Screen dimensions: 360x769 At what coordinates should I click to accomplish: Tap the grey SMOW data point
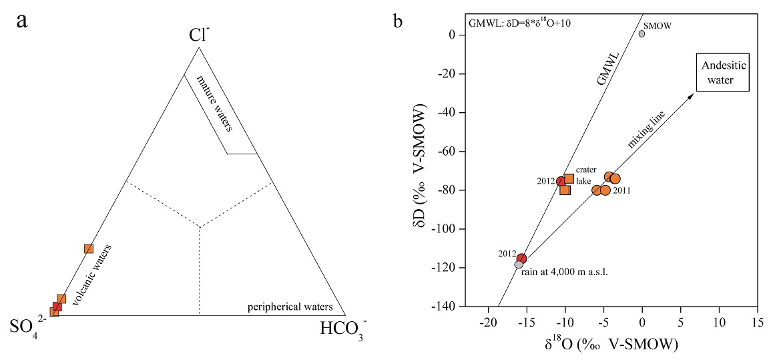[642, 33]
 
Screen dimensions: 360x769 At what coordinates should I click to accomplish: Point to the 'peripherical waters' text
[290, 307]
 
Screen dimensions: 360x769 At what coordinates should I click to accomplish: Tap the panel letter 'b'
[398, 22]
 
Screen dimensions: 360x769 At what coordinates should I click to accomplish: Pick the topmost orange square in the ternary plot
[89, 248]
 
